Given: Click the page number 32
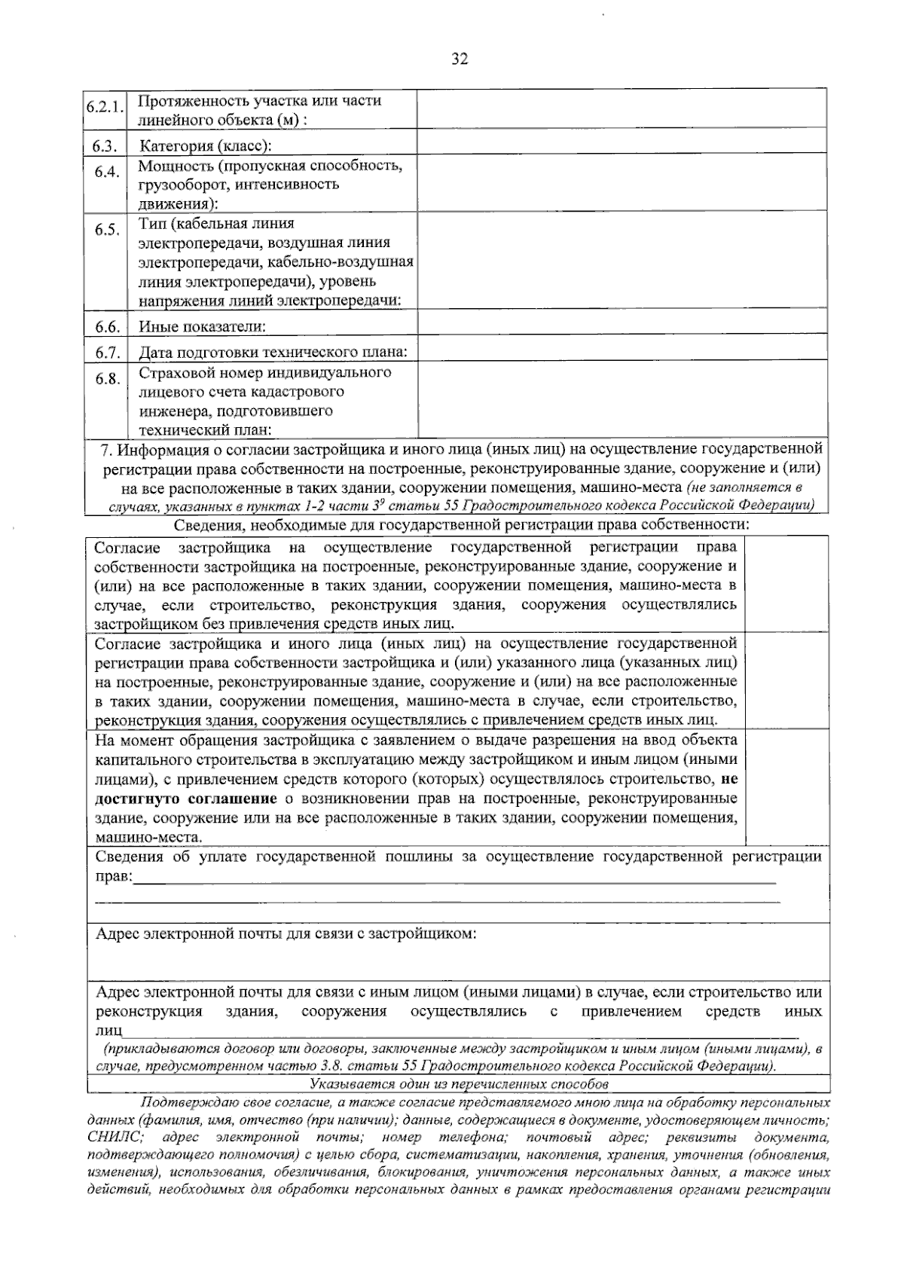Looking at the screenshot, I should tap(460, 60).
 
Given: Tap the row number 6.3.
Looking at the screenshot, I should tap(107, 145).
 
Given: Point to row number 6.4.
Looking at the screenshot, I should tap(107, 172).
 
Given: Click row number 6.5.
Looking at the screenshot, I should tap(107, 230).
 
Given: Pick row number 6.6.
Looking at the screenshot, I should tap(107, 327).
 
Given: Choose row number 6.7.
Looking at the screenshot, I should tap(107, 352).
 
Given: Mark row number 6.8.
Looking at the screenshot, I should tap(107, 378).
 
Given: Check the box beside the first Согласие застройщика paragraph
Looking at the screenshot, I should tap(786, 585).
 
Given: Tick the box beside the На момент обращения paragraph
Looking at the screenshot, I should tap(786, 788).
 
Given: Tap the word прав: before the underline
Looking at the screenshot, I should tap(113, 876).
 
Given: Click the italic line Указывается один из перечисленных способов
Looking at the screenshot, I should tap(459, 1085).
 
